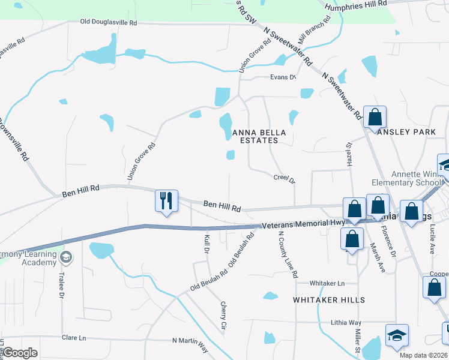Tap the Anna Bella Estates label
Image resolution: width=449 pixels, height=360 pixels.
(255, 136)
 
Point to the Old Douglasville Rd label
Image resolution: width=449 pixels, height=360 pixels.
(109, 22)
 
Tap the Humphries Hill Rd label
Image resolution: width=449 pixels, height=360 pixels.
(356, 5)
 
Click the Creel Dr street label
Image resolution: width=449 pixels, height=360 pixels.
(285, 178)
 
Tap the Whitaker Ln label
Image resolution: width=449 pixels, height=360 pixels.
(328, 283)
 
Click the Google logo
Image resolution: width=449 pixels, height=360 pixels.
(20, 353)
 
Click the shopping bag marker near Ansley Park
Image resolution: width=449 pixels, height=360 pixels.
(375, 118)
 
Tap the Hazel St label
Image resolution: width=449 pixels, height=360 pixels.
(348, 157)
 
